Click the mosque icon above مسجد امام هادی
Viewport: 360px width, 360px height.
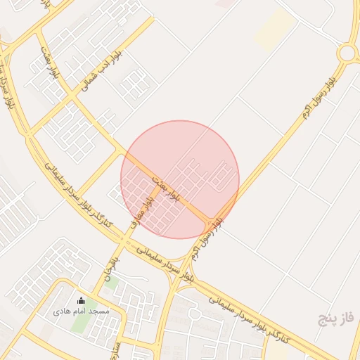(x=80, y=301)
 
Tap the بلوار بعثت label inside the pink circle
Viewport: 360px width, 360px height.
(x=168, y=186)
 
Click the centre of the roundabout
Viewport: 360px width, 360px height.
(x=347, y=53)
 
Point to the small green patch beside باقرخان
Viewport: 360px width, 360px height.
(x=111, y=285)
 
